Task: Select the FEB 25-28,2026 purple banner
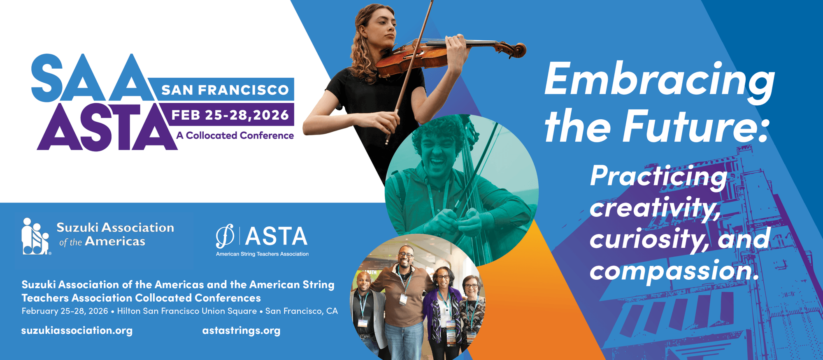coord(230,114)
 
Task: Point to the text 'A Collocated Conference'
coord(235,135)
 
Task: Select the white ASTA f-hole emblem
coord(225,236)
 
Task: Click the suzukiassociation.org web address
coord(77,330)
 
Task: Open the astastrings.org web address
coord(241,330)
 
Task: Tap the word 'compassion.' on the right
coord(674,272)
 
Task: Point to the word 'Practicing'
coord(658,177)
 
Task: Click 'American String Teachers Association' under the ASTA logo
coord(262,254)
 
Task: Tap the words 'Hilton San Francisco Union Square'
coord(187,311)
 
